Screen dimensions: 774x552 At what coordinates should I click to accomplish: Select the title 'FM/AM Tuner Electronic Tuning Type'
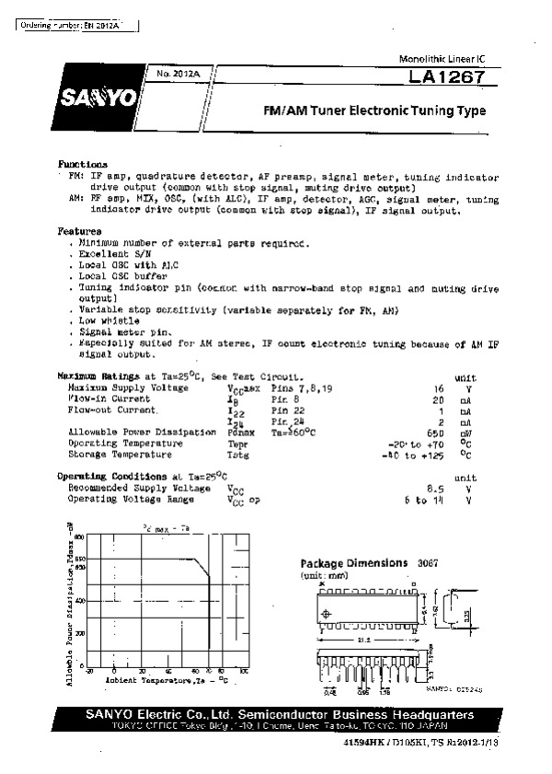374,111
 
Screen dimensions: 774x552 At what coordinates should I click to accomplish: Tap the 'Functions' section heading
83,164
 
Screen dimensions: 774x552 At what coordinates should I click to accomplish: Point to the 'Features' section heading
79,231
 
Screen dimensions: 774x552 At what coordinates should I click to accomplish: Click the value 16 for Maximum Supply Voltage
439,388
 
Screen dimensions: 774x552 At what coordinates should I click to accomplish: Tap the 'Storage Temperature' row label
120,454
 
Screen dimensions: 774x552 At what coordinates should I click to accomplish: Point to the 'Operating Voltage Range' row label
131,499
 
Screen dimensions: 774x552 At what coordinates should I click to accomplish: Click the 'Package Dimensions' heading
354,563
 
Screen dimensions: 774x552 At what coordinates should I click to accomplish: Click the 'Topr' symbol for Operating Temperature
238,443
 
